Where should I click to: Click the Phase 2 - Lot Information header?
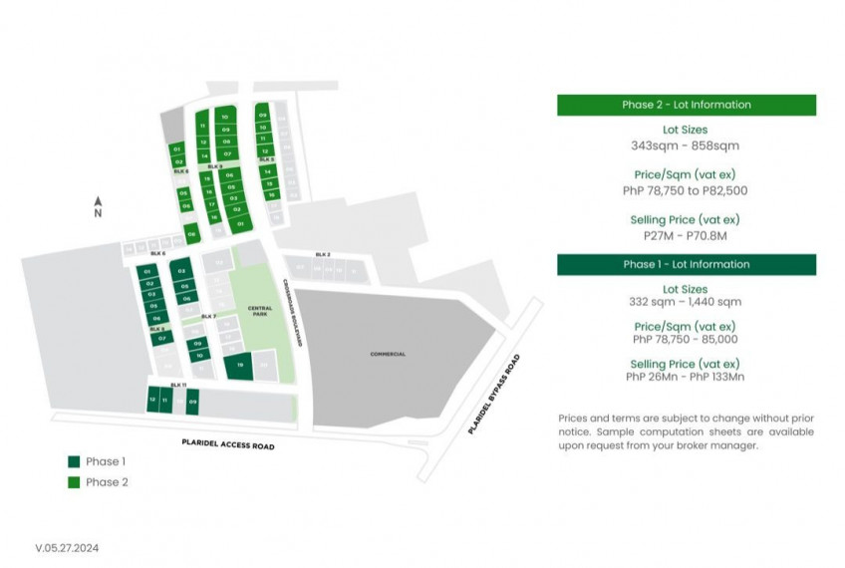pos(686,105)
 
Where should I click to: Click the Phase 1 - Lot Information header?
pos(686,264)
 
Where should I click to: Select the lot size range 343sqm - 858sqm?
pos(686,145)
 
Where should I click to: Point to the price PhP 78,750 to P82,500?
pos(686,190)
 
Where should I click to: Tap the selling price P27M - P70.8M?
pos(686,236)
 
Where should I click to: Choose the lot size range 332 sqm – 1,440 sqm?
pos(686,301)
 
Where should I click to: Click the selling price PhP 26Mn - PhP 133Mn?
pos(686,377)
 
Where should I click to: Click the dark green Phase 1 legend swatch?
pos(73,462)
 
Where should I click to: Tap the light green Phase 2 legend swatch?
pos(73,482)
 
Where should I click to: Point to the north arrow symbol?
pos(98,200)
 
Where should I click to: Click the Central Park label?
pos(259,311)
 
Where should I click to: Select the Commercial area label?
pos(388,354)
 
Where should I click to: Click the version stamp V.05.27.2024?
pos(67,547)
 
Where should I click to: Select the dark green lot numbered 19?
pos(240,366)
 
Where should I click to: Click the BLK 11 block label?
pos(177,385)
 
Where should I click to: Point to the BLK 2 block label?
pos(322,255)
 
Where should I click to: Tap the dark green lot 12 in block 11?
pos(152,400)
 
